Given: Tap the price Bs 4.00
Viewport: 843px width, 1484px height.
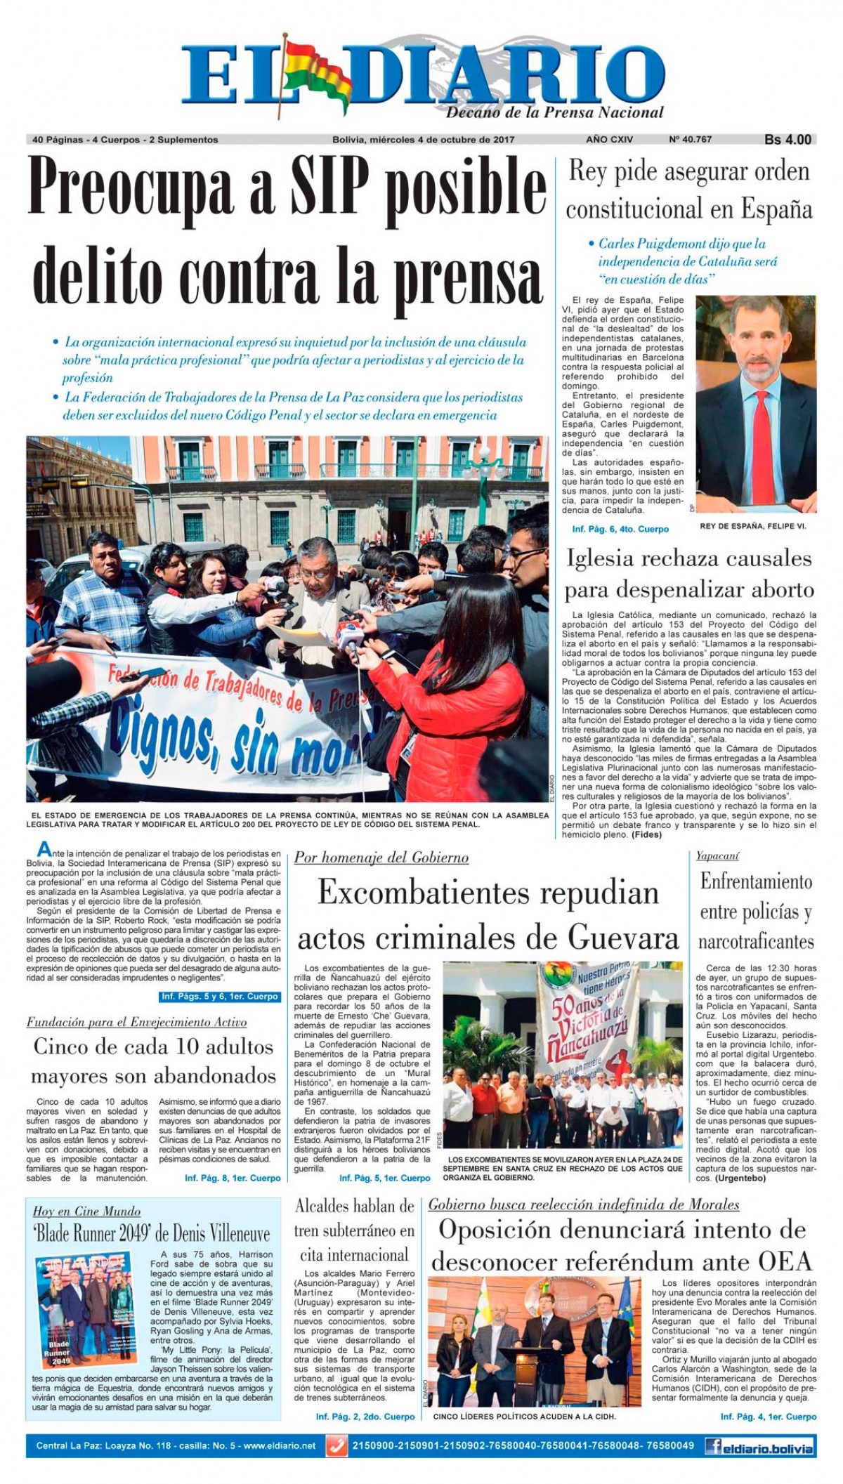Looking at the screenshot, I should (788, 140).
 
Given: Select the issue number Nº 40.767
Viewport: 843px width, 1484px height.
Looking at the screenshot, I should (690, 139).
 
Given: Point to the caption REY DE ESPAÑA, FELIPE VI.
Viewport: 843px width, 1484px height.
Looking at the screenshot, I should (753, 526).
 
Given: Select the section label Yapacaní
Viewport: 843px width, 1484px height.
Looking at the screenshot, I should (717, 855).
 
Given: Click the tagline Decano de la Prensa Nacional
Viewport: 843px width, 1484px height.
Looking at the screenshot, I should (555, 112).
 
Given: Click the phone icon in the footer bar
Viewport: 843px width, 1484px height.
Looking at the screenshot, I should (338, 1446).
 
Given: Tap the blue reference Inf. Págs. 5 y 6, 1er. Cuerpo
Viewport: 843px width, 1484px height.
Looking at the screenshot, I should (220, 996).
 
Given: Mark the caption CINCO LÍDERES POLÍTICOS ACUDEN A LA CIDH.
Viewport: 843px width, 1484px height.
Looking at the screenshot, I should (524, 1417).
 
